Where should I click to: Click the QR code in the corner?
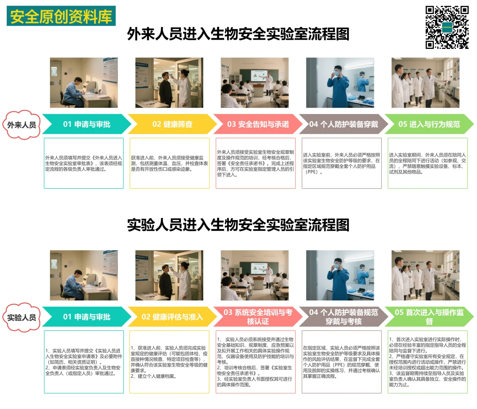[x=447, y=27]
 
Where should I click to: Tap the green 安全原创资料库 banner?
[x=61, y=16]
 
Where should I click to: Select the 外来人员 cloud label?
[x=22, y=125]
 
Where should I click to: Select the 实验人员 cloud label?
[x=22, y=317]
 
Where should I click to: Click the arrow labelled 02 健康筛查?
[x=172, y=124]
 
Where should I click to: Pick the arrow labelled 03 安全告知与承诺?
[x=258, y=124]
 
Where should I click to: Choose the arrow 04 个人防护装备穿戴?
[x=343, y=124]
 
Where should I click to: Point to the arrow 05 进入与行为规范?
[x=429, y=124]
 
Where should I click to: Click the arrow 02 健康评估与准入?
[x=172, y=317]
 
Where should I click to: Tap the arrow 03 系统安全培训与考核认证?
[x=258, y=317]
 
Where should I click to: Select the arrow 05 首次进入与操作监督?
[x=429, y=317]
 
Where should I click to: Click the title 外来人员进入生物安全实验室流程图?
[x=238, y=34]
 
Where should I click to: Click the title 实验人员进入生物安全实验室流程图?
[x=238, y=225]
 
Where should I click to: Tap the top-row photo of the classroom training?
[x=255, y=83]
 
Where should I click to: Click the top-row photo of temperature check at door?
[x=169, y=83]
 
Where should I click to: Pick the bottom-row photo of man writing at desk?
[x=84, y=275]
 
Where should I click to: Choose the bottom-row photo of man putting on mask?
[x=340, y=275]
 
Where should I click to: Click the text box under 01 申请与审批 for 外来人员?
[x=84, y=163]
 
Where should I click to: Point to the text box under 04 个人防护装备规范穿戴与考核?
[x=341, y=362]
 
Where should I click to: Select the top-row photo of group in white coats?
[x=426, y=83]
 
